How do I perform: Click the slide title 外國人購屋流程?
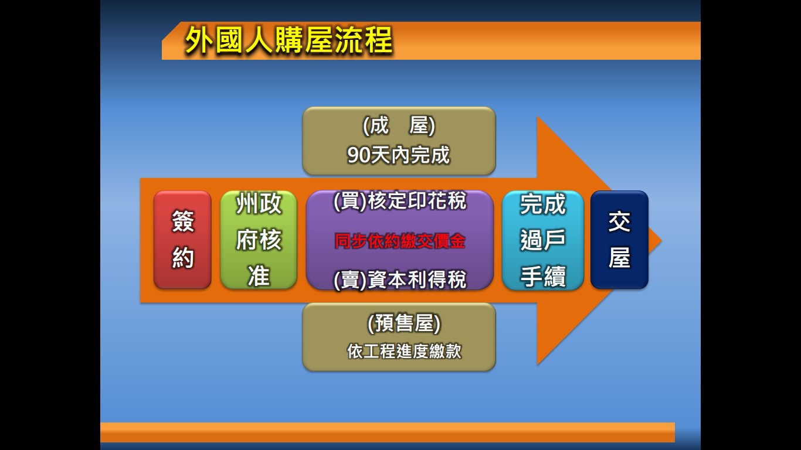coord(289,40)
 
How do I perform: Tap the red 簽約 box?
coord(182,240)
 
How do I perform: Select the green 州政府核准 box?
coord(259,240)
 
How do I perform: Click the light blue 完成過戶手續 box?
coord(543,240)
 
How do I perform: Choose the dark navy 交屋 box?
coord(619,240)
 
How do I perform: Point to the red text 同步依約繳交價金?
coord(400,241)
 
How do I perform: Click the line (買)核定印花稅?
coord(400,201)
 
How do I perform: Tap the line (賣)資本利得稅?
coord(400,279)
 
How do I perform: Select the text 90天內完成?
coord(398,155)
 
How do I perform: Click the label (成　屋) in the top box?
coord(399,125)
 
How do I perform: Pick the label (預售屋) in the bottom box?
coord(404,323)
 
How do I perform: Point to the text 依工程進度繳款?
coord(404,351)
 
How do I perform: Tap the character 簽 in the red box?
coord(183,221)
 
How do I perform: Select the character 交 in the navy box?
coord(619,221)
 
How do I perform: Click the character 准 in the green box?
coord(259,277)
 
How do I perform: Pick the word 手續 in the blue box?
coord(543,277)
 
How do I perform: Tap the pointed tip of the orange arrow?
coord(661,241)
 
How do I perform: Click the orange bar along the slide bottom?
coord(387,432)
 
